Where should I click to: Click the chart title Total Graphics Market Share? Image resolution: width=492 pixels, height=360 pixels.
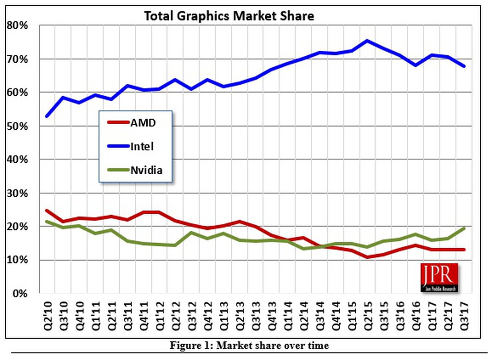(x=229, y=16)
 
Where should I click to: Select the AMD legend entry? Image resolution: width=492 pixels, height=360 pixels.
(x=142, y=122)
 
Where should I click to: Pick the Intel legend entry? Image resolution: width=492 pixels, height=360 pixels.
(x=142, y=146)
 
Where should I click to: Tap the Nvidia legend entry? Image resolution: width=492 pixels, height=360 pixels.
(x=146, y=170)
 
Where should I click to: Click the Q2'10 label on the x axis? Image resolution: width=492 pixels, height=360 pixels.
(x=47, y=316)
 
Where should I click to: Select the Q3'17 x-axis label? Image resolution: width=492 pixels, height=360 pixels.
(x=464, y=316)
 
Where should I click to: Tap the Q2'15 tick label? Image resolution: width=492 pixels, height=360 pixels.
(x=367, y=316)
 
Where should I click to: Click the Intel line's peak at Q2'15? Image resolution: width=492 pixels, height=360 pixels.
(x=367, y=41)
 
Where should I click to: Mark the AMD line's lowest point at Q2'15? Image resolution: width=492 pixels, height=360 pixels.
(x=367, y=257)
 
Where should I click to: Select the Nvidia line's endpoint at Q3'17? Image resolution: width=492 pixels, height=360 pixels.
(x=464, y=228)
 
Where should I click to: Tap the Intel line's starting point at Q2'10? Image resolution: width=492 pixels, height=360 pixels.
(x=47, y=116)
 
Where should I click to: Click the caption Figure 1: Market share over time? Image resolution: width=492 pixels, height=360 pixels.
(x=249, y=346)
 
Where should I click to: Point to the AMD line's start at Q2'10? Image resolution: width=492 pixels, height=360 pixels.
(x=47, y=211)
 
